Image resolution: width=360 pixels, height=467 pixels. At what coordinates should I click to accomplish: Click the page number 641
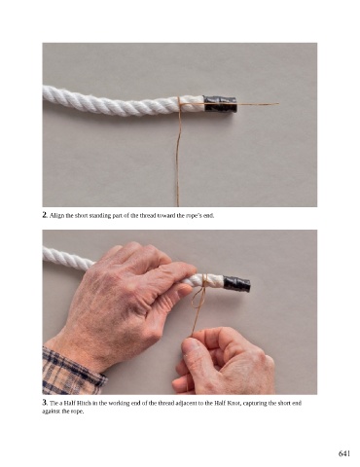[344, 453]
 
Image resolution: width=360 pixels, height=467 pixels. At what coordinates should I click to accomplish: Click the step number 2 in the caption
[45, 215]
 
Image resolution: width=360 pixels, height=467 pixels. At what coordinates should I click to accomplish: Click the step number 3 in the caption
[45, 403]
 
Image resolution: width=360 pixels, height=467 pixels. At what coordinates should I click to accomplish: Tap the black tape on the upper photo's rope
[220, 104]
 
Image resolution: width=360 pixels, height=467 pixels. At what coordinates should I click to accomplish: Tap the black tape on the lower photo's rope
[236, 283]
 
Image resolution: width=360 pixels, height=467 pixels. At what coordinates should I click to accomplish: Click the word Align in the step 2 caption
[55, 215]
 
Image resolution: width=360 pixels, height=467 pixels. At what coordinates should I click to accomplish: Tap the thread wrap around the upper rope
[179, 105]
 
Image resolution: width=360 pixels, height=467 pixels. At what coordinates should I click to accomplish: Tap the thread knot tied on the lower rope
[204, 281]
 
